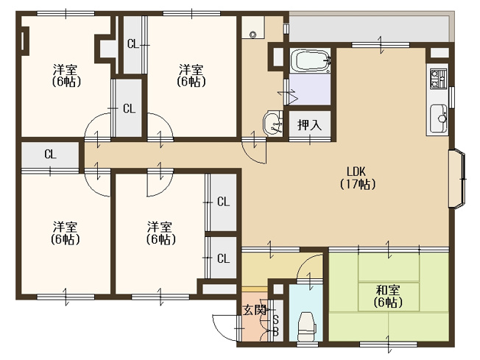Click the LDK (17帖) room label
[358, 177]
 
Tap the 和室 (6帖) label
[387, 296]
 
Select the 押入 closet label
[310, 124]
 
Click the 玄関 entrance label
[255, 310]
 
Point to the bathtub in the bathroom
[310, 60]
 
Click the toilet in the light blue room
[306, 325]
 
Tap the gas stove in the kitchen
[438, 79]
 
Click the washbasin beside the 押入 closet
[272, 123]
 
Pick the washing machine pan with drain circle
[253, 27]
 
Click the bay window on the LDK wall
[458, 179]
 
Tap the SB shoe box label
[275, 326]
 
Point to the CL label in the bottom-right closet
[223, 258]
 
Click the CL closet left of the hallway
[50, 154]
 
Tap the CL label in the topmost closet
[133, 44]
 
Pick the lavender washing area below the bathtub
[310, 89]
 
